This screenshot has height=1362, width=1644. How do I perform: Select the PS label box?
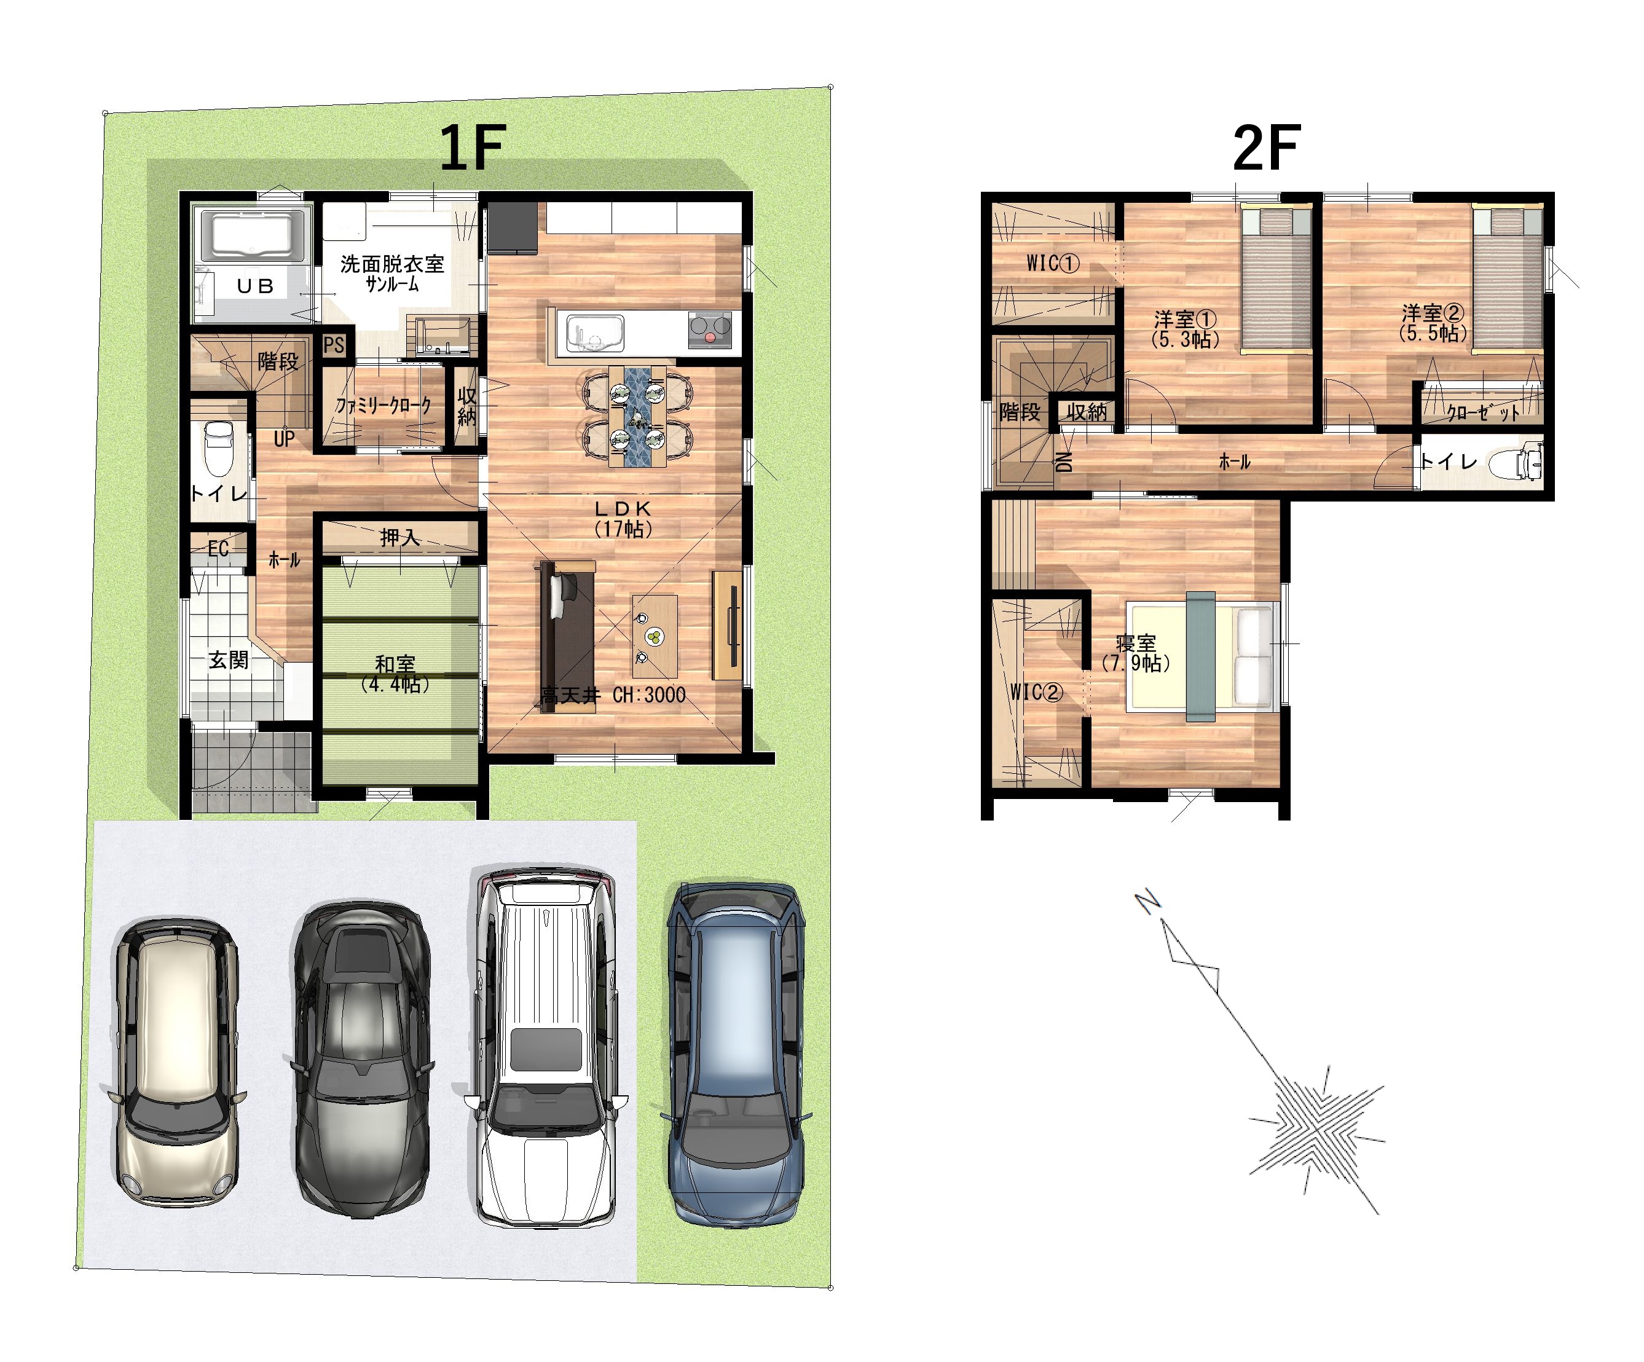click(x=334, y=345)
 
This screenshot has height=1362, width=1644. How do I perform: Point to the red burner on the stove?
click(x=710, y=338)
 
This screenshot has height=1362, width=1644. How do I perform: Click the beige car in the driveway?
click(x=176, y=1061)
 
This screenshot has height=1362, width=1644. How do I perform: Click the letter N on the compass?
click(x=1147, y=902)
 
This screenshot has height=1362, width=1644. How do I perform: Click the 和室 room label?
click(x=395, y=664)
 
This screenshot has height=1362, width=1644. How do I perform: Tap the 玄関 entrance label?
click(x=228, y=660)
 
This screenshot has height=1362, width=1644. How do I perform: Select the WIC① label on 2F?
click(x=1053, y=263)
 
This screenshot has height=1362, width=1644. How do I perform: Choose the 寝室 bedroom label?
click(x=1136, y=643)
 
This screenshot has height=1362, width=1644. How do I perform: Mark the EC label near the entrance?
click(x=218, y=549)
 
